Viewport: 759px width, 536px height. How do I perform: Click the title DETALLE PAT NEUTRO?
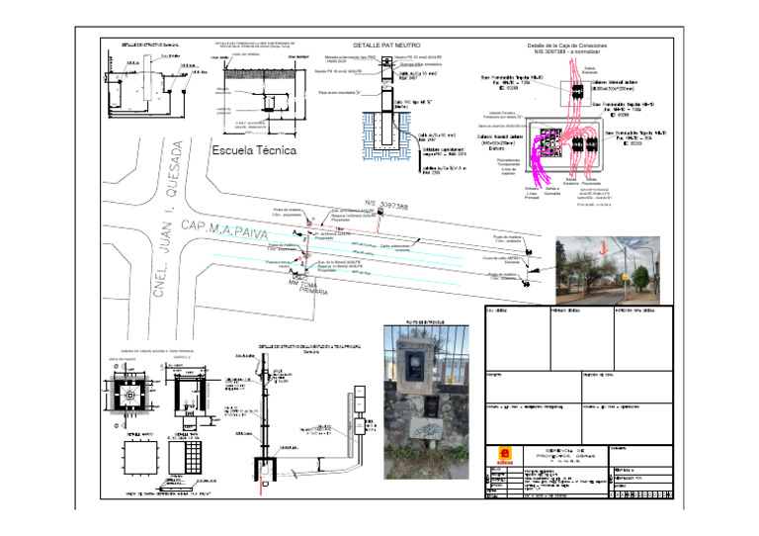[x=385, y=45]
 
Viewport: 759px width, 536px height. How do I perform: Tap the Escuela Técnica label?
[x=254, y=151]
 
